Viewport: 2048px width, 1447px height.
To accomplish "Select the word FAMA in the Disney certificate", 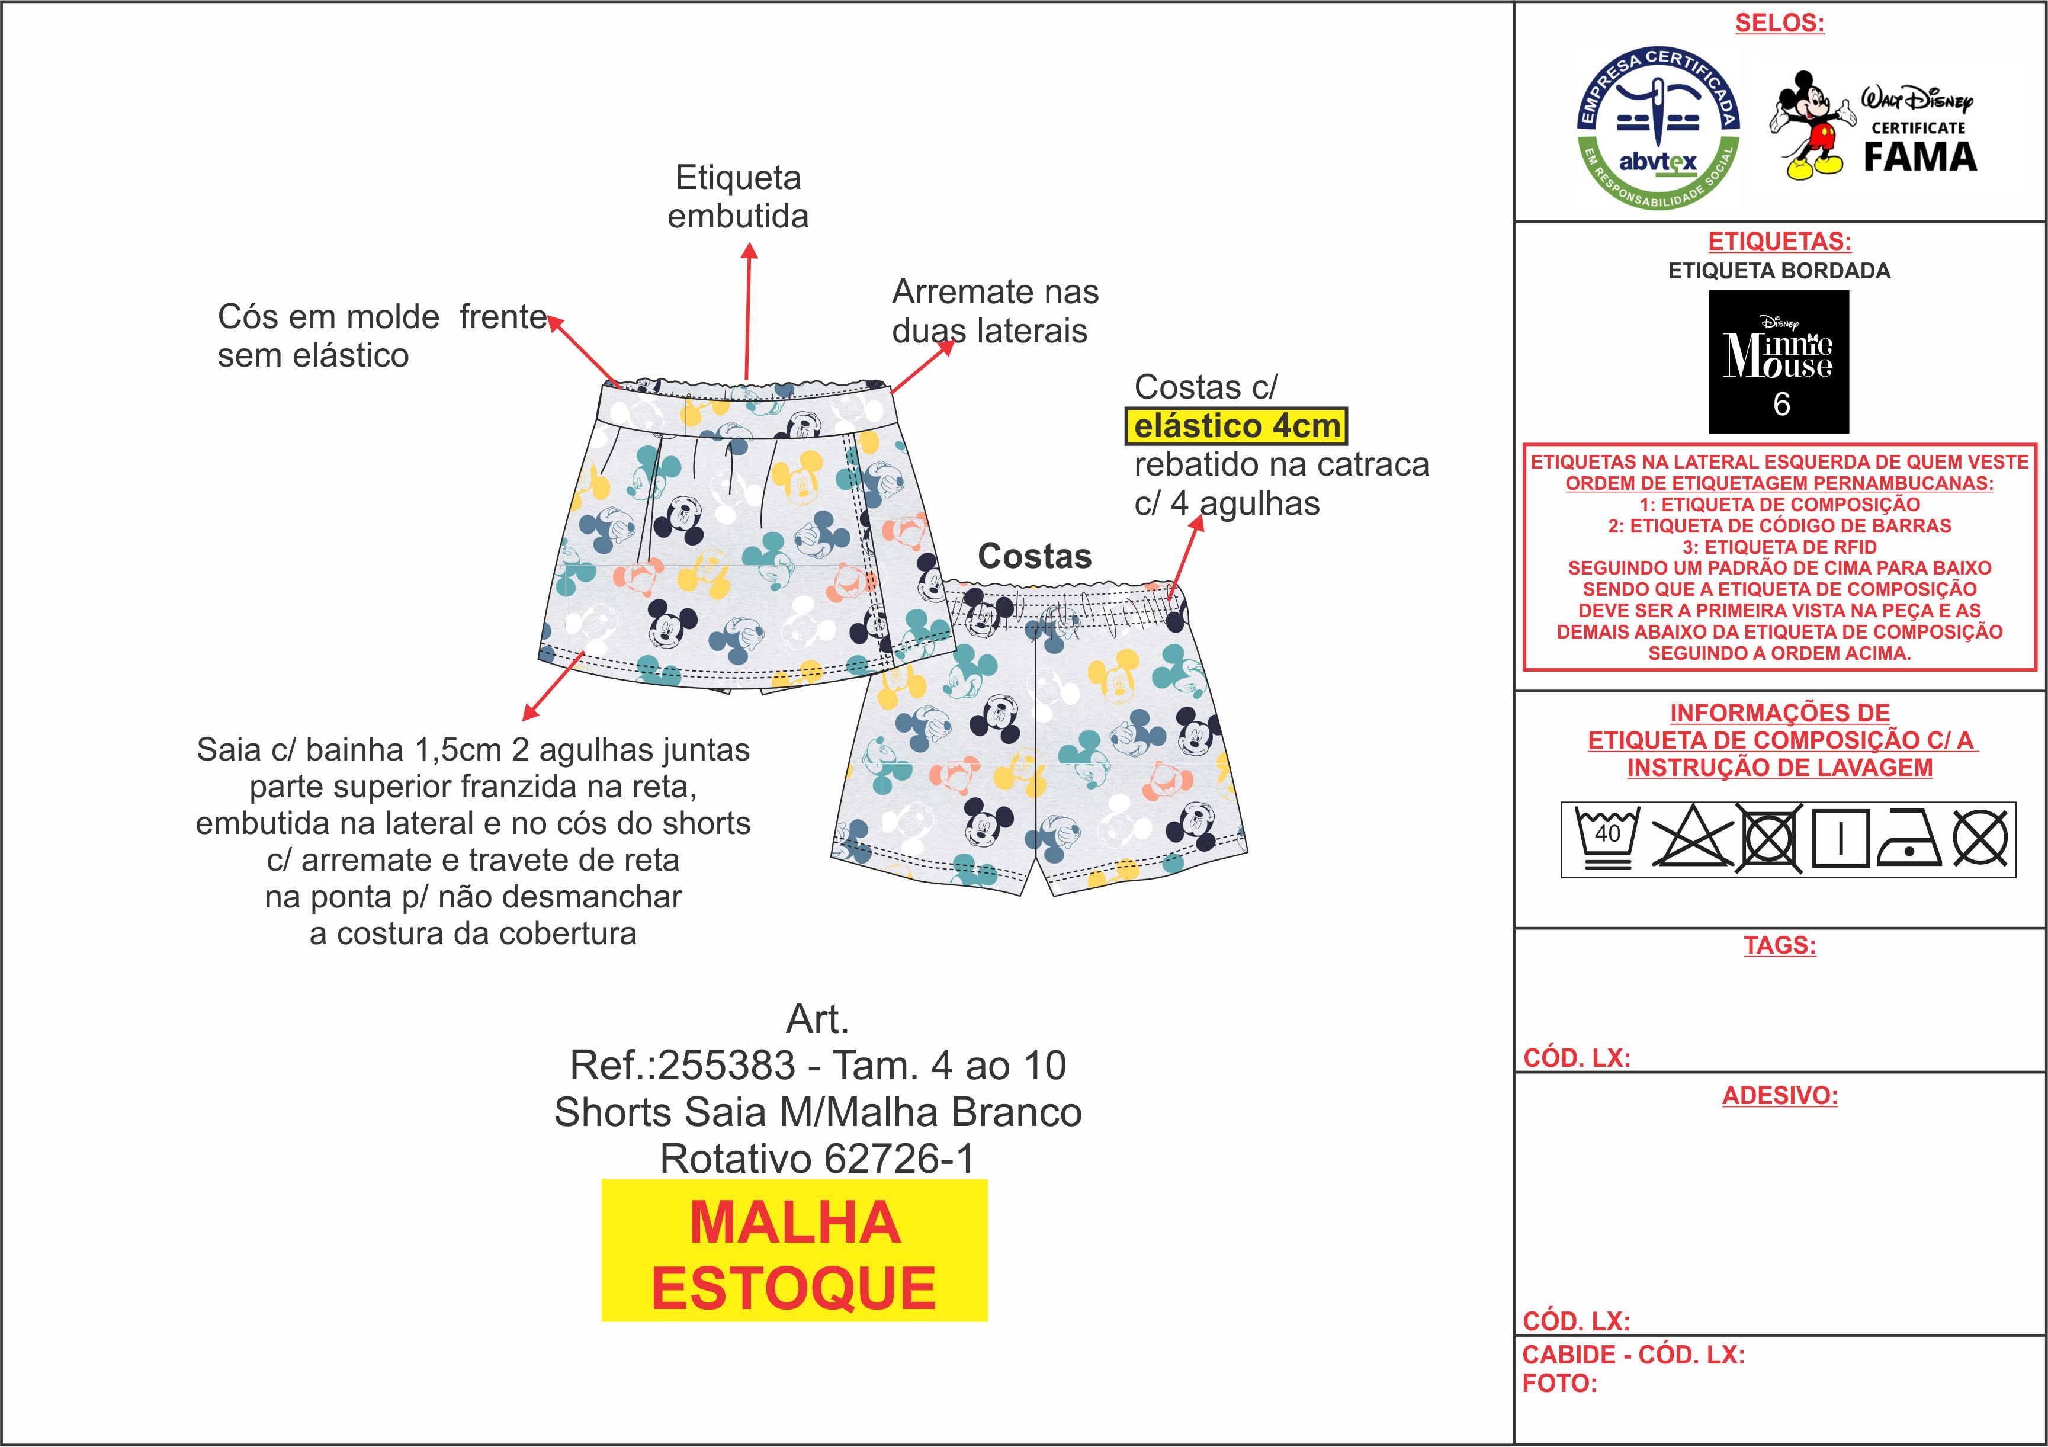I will coord(1919,157).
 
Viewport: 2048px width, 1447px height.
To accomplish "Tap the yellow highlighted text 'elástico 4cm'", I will coord(1236,426).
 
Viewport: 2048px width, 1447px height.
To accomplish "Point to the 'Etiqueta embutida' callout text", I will coord(738,196).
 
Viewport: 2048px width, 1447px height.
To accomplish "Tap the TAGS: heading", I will coord(1780,946).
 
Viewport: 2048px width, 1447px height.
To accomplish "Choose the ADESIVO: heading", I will coord(1780,1096).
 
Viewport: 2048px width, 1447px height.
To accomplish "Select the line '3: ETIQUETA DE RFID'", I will coord(1780,547).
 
